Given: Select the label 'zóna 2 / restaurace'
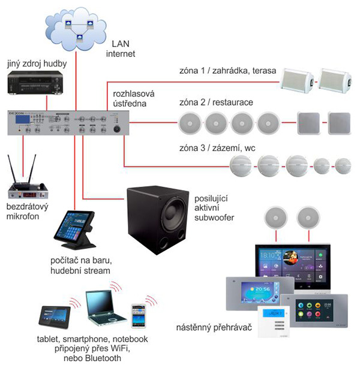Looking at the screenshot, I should point(216,102).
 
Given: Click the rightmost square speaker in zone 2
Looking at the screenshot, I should point(341,124).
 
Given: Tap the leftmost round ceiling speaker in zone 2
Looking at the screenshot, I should point(191,125).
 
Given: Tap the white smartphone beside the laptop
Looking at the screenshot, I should point(139,314).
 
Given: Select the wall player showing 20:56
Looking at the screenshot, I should point(251,293).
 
